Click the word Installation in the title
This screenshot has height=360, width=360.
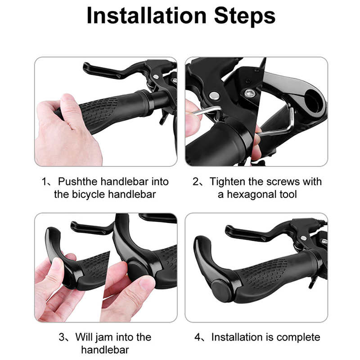147,15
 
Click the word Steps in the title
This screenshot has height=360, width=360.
245,15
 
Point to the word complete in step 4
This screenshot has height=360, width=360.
298,337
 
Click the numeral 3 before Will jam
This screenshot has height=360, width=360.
62,337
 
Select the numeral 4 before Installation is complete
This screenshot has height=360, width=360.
198,337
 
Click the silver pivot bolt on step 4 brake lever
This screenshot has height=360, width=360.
304,238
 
